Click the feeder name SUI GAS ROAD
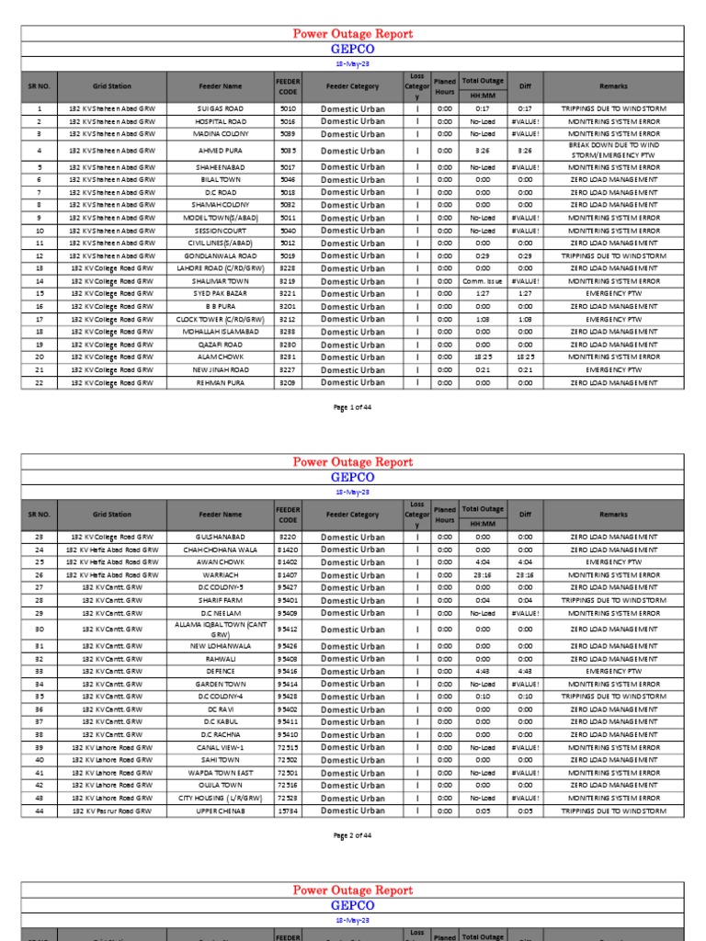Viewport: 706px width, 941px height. click(221, 108)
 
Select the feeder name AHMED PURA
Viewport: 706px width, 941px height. click(221, 151)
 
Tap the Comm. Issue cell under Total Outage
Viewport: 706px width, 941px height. click(483, 281)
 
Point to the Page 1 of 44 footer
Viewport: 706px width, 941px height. click(353, 406)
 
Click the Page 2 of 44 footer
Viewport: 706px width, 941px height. click(353, 834)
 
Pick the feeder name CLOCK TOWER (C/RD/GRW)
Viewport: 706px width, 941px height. click(221, 319)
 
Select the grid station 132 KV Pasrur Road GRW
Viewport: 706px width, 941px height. click(112, 811)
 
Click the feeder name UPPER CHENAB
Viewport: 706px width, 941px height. click(221, 811)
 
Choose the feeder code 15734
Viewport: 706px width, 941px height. click(288, 811)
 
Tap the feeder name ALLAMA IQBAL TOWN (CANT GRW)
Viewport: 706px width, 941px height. click(221, 629)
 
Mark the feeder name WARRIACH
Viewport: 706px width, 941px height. click(221, 575)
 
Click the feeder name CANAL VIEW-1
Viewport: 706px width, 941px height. click(221, 747)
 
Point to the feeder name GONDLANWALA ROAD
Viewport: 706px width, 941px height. click(221, 255)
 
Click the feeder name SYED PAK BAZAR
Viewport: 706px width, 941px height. click(221, 294)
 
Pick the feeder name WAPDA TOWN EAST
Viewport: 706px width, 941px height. click(221, 773)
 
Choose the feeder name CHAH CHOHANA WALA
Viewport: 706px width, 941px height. click(221, 550)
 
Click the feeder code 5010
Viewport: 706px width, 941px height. click(288, 108)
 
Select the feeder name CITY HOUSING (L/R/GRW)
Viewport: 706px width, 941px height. click(221, 798)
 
